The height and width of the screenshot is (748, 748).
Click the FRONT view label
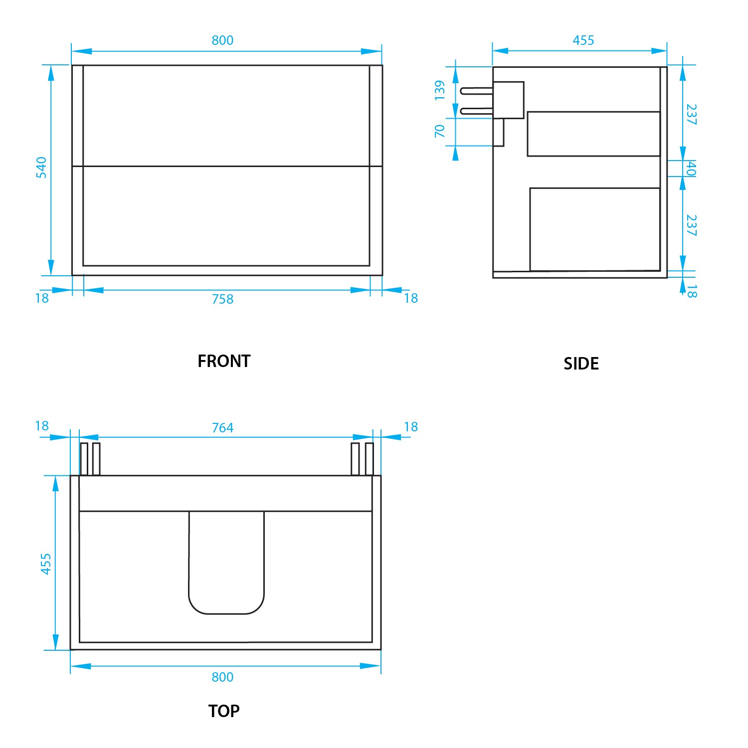coord(224,361)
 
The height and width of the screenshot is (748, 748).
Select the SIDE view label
coord(581,364)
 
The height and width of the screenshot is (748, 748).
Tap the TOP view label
coord(224,711)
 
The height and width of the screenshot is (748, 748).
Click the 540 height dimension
coord(41,167)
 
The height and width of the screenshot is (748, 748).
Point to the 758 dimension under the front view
coord(222,299)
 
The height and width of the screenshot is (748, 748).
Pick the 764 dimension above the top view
coord(222,428)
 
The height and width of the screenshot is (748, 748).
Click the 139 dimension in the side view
coord(439,90)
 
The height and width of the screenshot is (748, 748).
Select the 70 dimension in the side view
coord(439,131)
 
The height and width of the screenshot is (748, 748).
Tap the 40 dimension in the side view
coord(691,169)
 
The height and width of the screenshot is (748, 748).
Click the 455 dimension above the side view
coord(583,40)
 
